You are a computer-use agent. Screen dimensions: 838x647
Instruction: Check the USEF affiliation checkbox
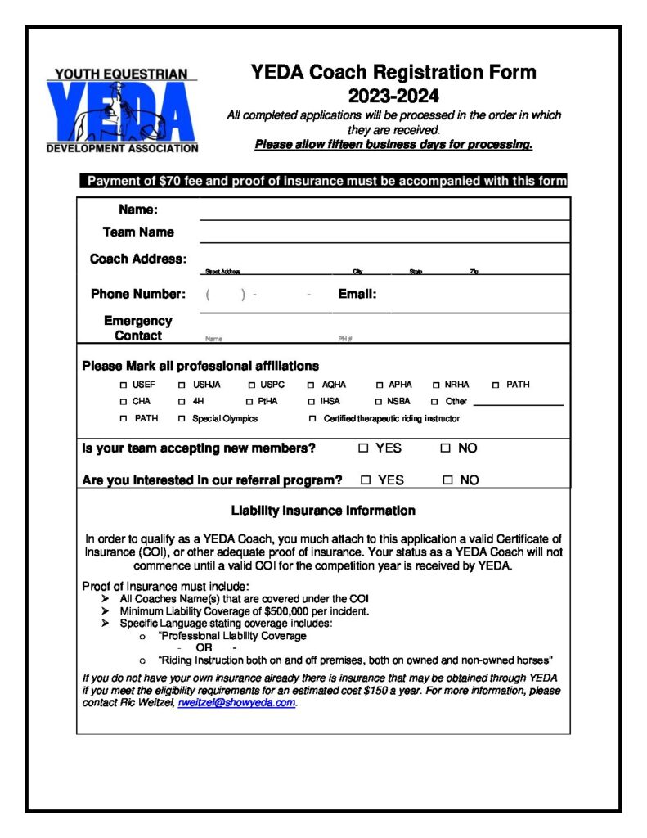click(x=124, y=385)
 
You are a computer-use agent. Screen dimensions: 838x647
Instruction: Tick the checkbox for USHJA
click(x=182, y=385)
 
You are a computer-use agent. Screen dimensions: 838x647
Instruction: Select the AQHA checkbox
click(x=311, y=385)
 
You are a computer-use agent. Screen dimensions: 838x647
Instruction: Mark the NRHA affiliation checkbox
click(x=437, y=385)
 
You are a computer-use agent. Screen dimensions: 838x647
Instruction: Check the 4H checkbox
click(x=182, y=402)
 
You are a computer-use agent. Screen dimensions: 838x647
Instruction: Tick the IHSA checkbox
click(x=311, y=402)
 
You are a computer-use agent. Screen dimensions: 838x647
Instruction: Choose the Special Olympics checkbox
click(x=182, y=419)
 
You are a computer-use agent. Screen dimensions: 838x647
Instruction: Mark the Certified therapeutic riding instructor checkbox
click(x=312, y=419)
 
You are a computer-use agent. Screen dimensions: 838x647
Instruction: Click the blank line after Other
click(x=518, y=403)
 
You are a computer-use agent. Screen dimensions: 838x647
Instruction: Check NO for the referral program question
click(x=447, y=480)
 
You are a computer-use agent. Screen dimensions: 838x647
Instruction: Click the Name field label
click(x=138, y=210)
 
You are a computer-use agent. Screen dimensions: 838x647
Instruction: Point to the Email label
click(x=357, y=294)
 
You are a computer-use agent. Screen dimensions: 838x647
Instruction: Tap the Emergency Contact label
click(x=138, y=328)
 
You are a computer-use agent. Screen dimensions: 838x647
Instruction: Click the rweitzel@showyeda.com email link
click(x=236, y=703)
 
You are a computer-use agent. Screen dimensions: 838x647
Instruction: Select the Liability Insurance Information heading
click(x=323, y=511)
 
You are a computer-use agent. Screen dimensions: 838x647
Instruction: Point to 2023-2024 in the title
click(x=393, y=97)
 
